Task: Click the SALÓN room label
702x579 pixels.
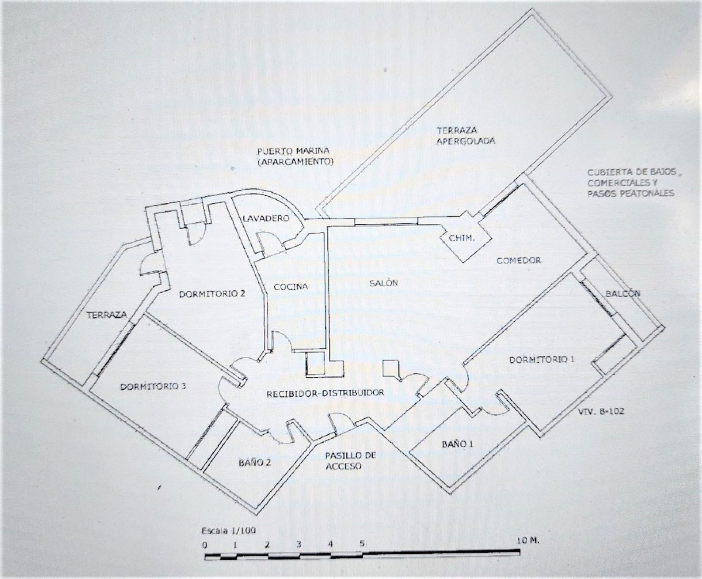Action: tap(384, 283)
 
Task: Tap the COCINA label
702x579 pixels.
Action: tap(290, 286)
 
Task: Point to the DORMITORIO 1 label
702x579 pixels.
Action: tap(542, 359)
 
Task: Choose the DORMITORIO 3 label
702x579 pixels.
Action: tap(153, 386)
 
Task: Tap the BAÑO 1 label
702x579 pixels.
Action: tap(457, 444)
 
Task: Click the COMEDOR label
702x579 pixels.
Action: tap(519, 261)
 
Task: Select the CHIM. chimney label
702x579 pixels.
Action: tap(462, 238)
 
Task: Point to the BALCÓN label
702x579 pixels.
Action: tap(623, 293)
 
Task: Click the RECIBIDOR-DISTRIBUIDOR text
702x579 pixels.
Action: tap(325, 393)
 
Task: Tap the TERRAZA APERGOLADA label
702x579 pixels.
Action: tap(466, 136)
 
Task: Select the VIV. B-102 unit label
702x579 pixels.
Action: tap(601, 411)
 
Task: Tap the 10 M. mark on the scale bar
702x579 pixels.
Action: tap(528, 541)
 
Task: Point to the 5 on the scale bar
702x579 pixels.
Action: tap(362, 543)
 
